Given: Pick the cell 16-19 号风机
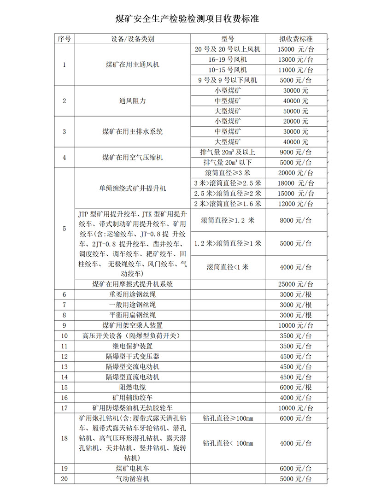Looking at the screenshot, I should click(x=228, y=60).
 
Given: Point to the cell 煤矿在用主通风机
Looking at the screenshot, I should click(x=133, y=65).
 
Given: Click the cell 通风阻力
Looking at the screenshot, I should click(x=133, y=101).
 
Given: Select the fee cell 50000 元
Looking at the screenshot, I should click(x=296, y=112).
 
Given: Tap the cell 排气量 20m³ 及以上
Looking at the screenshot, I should click(x=228, y=153).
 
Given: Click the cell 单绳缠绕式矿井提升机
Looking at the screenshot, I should click(x=133, y=188).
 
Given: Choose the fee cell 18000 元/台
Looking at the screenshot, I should click(x=296, y=183).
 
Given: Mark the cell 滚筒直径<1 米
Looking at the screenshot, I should click(x=228, y=267).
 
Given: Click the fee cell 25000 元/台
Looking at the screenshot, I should click(x=296, y=284).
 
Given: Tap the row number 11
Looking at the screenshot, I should click(x=64, y=346).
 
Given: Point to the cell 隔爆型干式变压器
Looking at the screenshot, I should click(x=133, y=357).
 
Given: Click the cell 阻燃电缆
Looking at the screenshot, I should click(x=133, y=388).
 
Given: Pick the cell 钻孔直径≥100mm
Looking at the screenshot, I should click(x=228, y=418).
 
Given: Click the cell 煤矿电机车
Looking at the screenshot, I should click(x=133, y=469).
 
